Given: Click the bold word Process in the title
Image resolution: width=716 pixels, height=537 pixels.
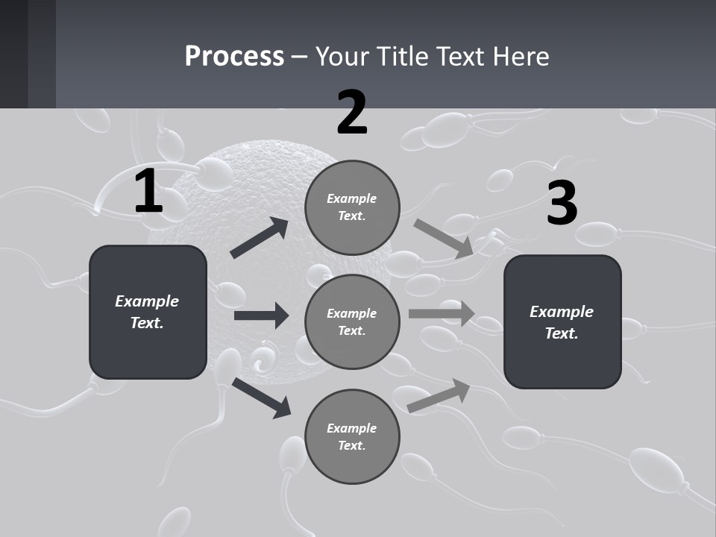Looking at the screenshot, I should [234, 56].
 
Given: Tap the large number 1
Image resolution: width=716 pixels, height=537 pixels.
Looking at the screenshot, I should [148, 192].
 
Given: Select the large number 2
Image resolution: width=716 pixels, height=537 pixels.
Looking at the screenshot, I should [352, 113].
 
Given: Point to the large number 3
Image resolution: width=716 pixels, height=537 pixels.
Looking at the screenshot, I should [562, 203].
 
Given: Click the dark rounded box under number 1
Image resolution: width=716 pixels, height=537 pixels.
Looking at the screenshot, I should [148, 312].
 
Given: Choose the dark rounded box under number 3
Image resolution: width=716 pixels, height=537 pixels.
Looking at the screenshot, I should [562, 321].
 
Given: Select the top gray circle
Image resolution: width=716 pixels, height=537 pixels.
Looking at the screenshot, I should [352, 207].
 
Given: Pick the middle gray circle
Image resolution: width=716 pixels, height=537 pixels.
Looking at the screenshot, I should [352, 321].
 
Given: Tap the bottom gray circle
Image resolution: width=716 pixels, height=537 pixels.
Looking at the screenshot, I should [352, 436].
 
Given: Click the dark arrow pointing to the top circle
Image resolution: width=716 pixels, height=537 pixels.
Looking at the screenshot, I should [260, 239].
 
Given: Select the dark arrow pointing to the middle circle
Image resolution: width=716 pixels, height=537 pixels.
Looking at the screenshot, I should [261, 315].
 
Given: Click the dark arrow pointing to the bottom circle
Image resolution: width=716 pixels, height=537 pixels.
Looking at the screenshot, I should [261, 398].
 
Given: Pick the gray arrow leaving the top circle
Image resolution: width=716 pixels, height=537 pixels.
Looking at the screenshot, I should [444, 239].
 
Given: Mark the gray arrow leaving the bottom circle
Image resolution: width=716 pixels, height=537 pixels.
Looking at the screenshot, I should [439, 396].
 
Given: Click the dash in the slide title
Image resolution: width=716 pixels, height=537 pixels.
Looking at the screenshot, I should [299, 57].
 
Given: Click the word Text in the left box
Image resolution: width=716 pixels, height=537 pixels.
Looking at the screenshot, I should [146, 323].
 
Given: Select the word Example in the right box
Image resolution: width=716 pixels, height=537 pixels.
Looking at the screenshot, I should [562, 311].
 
